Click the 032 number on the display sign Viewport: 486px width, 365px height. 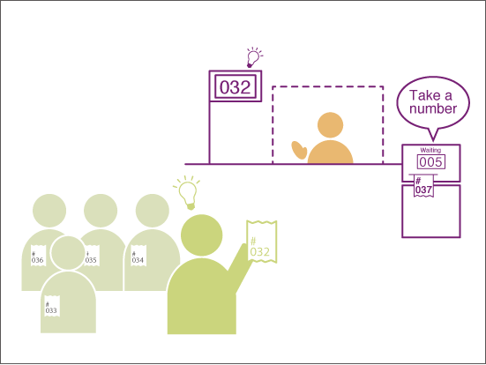(236, 87)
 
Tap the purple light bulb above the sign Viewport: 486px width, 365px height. (253, 58)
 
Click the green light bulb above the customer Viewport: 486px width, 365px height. (187, 193)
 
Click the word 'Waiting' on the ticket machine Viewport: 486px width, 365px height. (430, 150)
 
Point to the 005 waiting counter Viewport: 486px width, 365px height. (431, 162)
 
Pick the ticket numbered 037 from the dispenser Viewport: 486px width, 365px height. (423, 186)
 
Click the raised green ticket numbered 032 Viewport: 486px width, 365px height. (262, 242)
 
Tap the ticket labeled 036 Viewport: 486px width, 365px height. (38, 256)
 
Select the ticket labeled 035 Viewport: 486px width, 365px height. (92, 256)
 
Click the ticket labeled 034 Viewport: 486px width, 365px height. (138, 256)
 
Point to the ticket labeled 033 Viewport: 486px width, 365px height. (52, 306)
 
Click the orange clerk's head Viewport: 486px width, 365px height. (331, 125)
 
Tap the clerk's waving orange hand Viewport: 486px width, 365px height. (299, 150)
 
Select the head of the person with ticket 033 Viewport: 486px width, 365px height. (68, 253)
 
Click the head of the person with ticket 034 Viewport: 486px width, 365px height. (153, 211)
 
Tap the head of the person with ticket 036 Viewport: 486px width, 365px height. (49, 211)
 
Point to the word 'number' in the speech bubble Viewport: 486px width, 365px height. (433, 108)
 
